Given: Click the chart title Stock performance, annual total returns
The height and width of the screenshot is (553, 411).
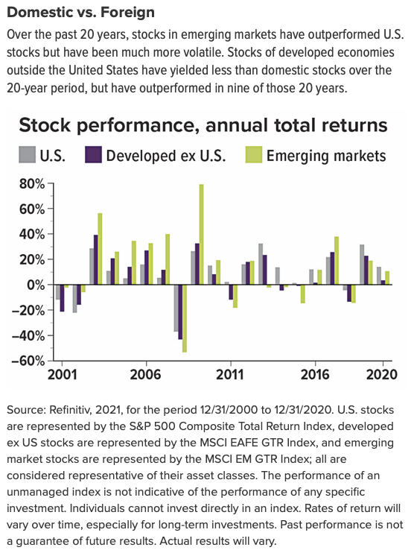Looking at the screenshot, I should [x=203, y=124].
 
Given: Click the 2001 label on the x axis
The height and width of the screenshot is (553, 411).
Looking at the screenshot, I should [x=63, y=375].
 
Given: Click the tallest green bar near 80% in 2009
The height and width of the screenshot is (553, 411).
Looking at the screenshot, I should [x=201, y=234].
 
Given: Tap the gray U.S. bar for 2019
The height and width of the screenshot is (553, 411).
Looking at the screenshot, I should [x=362, y=265].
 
